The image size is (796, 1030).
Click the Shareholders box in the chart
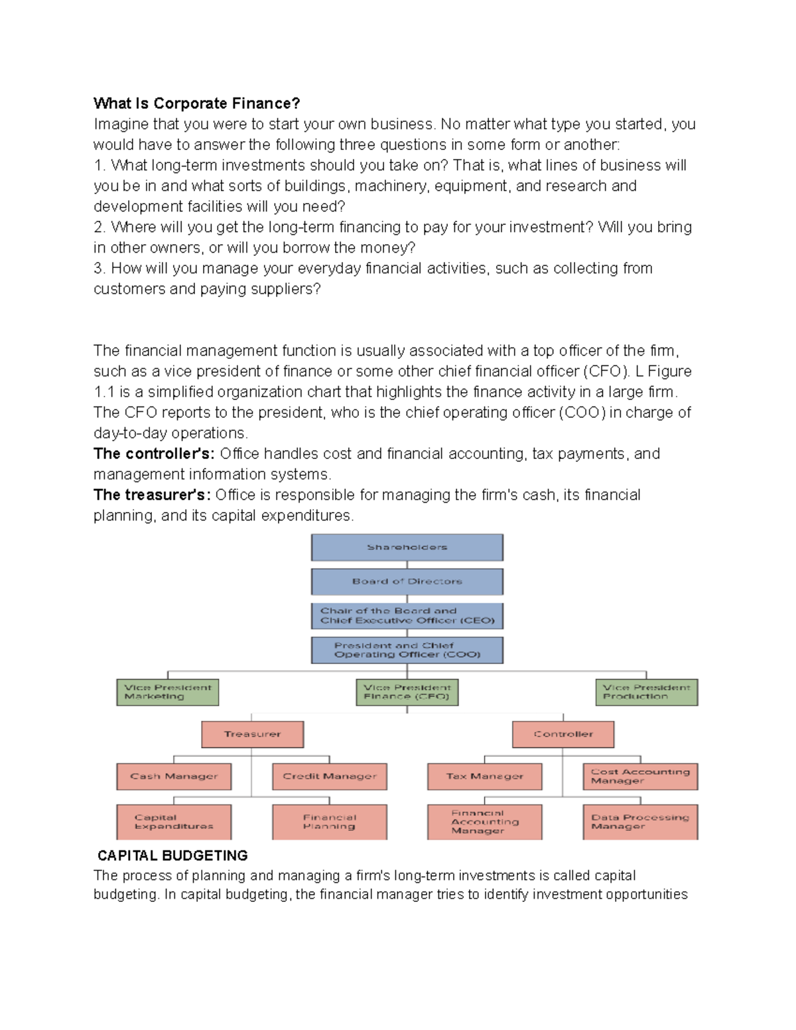coord(407,547)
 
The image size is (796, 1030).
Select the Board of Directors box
coord(407,582)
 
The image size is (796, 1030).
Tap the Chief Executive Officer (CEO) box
coord(407,615)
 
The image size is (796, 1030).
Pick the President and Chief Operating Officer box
coord(407,650)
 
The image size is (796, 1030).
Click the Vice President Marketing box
coord(167,692)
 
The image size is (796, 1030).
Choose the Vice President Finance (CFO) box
coord(407,692)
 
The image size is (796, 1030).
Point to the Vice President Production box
coord(646,692)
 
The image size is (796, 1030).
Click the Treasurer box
coord(252,734)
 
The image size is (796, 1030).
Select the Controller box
coord(563,734)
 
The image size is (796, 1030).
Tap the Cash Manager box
coord(174,777)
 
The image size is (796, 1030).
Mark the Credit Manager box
coord(329,777)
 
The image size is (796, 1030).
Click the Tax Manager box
coord(484,777)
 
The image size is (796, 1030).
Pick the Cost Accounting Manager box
coord(640,777)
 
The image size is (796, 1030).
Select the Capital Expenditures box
coord(174,822)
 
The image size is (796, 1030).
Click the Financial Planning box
coord(329,822)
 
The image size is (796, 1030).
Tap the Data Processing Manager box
coord(640,822)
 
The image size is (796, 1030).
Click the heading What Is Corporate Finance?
coord(196,103)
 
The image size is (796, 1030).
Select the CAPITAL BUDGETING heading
coord(172,856)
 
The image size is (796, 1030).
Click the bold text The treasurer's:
coord(152,495)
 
